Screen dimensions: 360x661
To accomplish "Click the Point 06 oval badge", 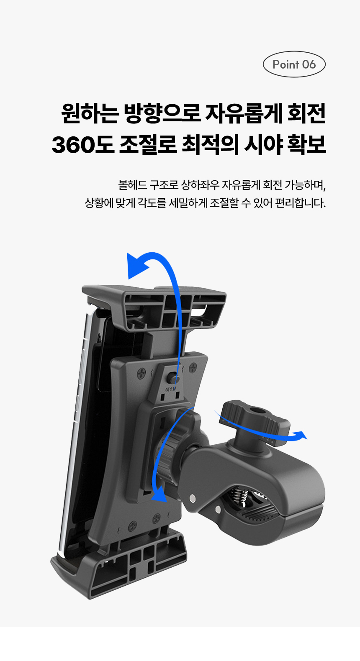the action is click(294, 64).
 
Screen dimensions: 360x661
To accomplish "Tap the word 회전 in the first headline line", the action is click(306, 113).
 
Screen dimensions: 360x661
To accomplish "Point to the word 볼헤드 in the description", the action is click(133, 185).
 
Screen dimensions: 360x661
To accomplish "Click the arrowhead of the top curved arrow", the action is click(137, 266).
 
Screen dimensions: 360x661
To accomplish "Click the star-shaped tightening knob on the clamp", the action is click(255, 420).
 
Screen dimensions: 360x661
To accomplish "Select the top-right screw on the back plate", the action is click(193, 368).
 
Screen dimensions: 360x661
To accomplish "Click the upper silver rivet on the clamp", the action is click(192, 498).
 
